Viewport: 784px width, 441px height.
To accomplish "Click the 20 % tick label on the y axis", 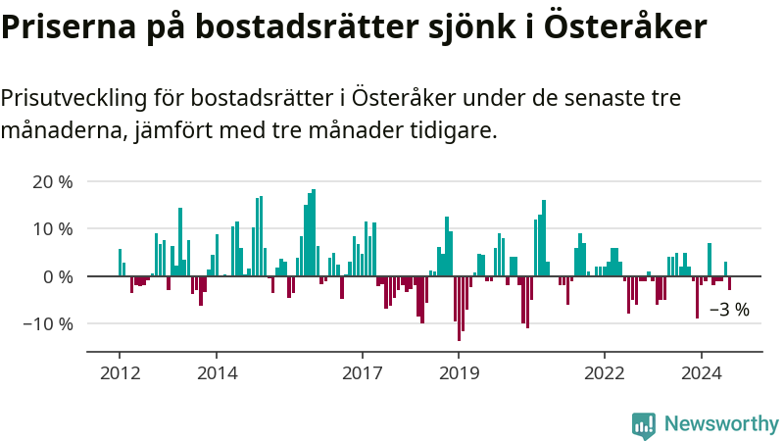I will click(x=52, y=181).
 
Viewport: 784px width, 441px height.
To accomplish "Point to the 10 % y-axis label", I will click(x=52, y=228).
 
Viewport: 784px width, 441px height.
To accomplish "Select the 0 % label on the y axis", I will click(x=57, y=276).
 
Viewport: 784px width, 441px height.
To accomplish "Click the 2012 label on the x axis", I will click(x=120, y=373).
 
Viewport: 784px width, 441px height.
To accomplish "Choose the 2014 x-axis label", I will click(x=217, y=373).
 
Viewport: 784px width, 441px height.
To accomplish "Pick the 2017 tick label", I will click(x=363, y=373).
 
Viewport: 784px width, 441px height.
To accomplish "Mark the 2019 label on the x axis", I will click(x=459, y=373).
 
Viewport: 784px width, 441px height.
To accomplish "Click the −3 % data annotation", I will click(x=728, y=310).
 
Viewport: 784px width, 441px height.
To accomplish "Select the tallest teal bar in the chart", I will click(x=314, y=233).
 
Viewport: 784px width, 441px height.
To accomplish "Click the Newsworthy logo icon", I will click(x=644, y=423).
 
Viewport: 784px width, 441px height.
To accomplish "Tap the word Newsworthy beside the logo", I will click(x=721, y=423).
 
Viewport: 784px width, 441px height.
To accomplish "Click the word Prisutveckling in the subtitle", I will click(x=75, y=98).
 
